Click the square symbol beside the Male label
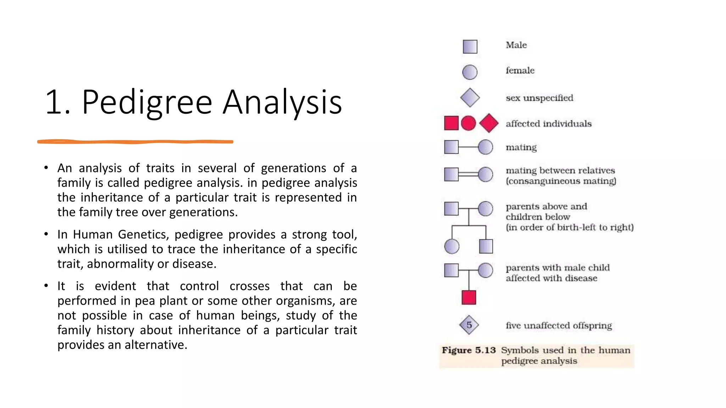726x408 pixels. (470, 46)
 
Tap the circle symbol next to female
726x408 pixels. (470, 72)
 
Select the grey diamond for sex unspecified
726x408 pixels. (470, 98)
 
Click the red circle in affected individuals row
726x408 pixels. (468, 123)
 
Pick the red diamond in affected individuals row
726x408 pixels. (489, 123)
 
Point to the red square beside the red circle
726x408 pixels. (451, 123)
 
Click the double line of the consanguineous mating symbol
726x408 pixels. (468, 174)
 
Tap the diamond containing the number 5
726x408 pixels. (469, 325)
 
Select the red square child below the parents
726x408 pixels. (469, 297)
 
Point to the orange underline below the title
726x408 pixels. (135, 142)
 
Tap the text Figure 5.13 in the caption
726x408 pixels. (468, 350)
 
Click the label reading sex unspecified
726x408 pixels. (539, 98)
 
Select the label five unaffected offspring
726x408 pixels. (559, 325)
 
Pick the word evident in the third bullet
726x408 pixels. (115, 286)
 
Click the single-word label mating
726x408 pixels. (521, 147)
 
